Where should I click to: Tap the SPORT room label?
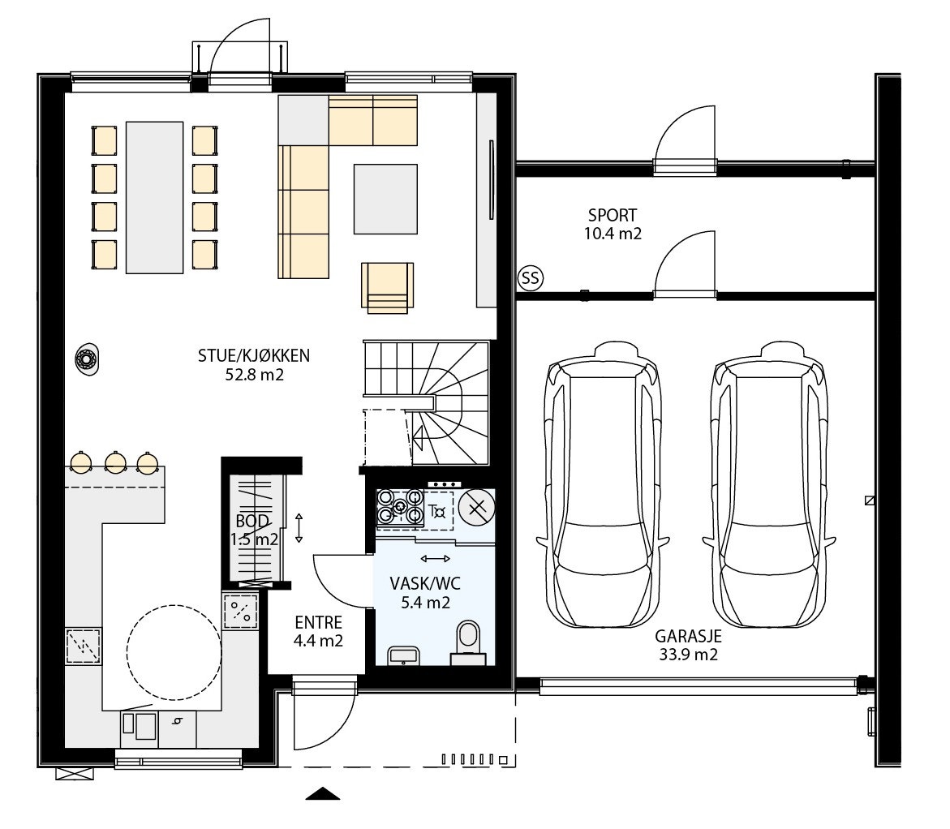click(x=613, y=216)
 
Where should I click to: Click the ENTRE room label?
click(x=318, y=623)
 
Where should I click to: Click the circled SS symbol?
click(x=530, y=279)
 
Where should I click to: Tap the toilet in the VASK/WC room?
click(x=468, y=641)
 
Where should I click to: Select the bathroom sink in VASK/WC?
click(x=402, y=655)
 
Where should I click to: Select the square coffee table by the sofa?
click(x=385, y=199)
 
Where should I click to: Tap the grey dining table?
click(x=155, y=197)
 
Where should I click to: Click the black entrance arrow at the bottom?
click(x=322, y=793)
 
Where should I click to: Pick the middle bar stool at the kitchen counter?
click(x=115, y=462)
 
